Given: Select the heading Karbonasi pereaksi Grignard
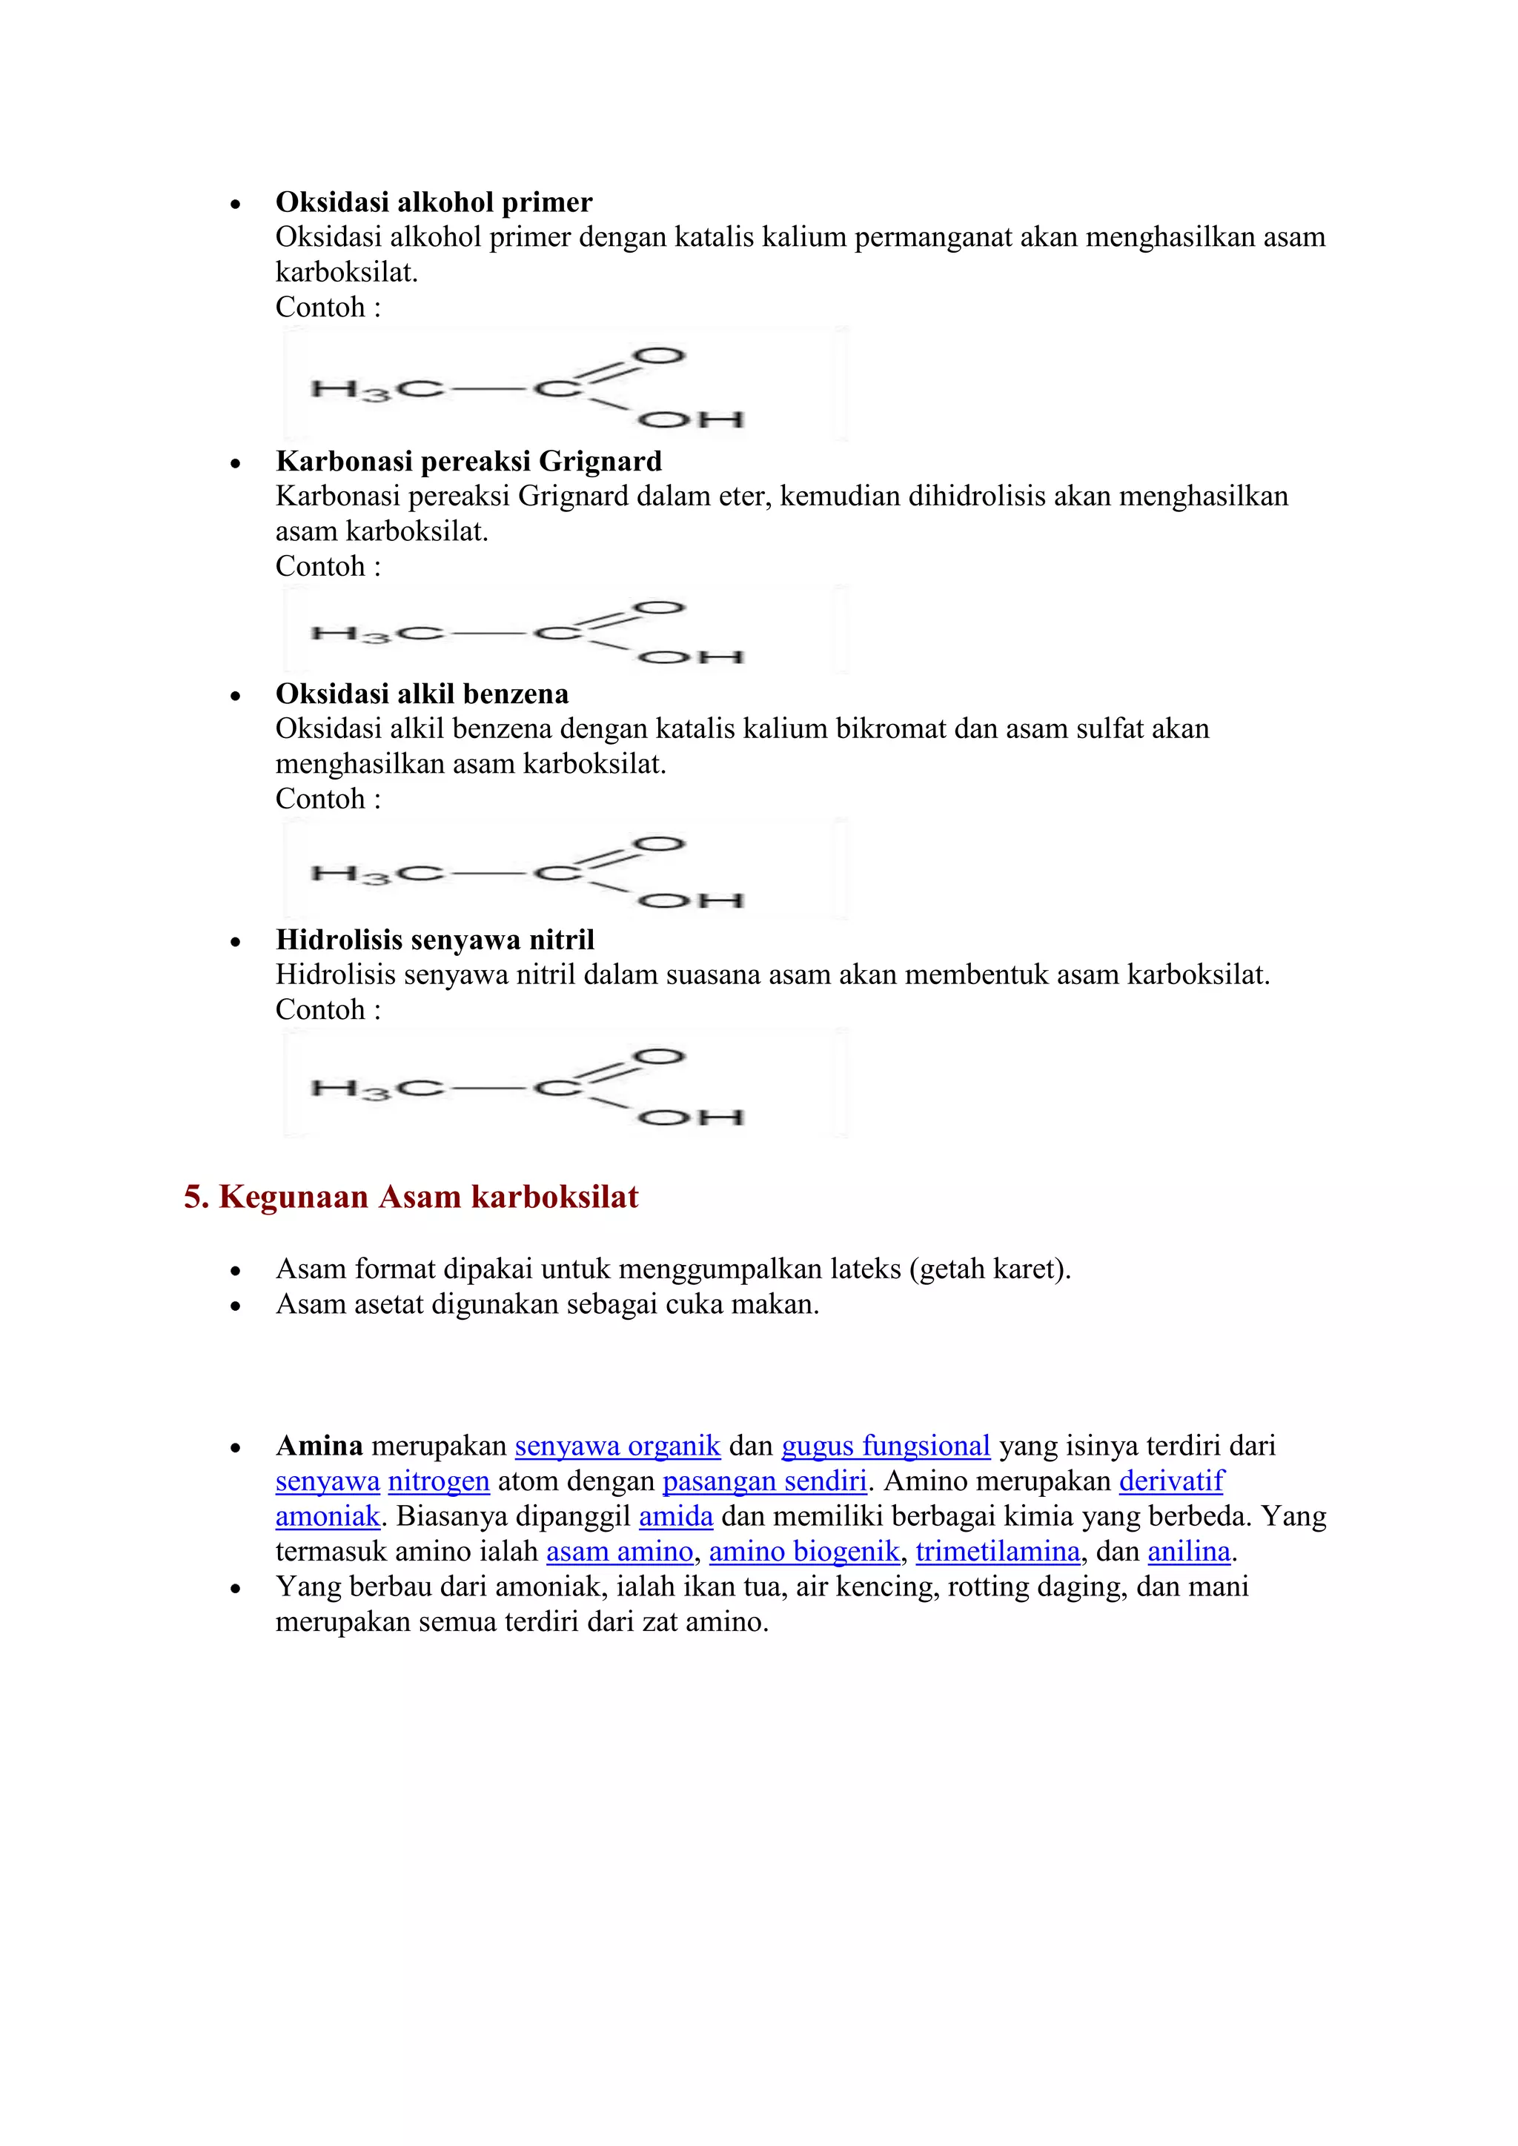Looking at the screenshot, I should click(x=468, y=461).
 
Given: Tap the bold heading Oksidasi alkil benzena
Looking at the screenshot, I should click(x=422, y=694).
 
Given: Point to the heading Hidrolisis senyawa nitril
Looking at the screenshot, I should click(x=434, y=940).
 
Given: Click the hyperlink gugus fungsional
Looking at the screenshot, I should click(x=885, y=1446).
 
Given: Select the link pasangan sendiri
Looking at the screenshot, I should click(x=765, y=1481).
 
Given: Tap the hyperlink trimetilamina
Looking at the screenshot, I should click(x=998, y=1552).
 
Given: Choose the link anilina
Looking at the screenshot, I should click(x=1189, y=1552).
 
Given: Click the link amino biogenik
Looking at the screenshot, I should click(x=804, y=1552).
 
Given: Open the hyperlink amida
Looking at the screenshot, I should click(x=676, y=1516).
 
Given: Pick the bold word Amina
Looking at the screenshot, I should click(x=319, y=1446).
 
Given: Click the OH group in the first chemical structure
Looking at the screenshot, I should click(x=691, y=419).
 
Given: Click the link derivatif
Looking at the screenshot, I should click(x=1171, y=1481).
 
